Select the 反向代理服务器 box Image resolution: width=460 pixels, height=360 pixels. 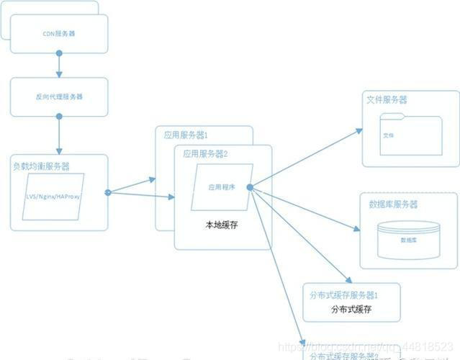[58, 96]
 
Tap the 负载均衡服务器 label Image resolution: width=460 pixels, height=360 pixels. [41, 166]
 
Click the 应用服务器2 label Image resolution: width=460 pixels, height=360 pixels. [206, 153]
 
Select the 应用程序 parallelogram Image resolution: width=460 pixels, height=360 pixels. [222, 186]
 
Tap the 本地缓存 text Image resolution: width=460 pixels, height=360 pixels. [222, 225]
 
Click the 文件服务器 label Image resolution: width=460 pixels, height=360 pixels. [386, 99]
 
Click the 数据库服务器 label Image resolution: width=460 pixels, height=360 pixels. [394, 204]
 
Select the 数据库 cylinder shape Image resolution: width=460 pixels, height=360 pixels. [407, 240]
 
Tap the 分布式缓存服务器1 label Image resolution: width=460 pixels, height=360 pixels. [344, 295]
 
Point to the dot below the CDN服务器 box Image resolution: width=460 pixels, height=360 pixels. [59, 53]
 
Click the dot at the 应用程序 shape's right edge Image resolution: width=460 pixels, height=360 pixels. [249, 187]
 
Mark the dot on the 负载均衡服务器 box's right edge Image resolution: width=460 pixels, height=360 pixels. [108, 192]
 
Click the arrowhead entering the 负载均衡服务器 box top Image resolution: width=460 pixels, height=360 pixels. [59, 150]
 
